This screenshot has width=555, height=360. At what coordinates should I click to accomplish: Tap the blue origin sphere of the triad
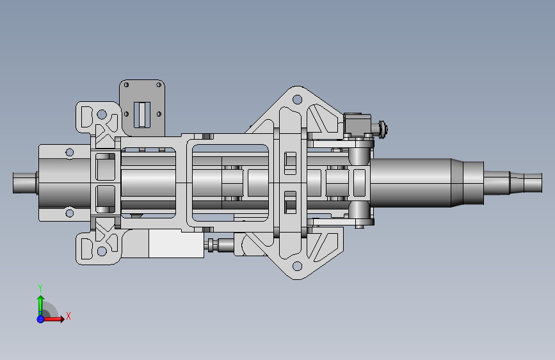coord(40,319)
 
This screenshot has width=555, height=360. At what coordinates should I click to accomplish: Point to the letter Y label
coord(40,288)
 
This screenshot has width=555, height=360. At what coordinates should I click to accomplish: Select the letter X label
coord(68,316)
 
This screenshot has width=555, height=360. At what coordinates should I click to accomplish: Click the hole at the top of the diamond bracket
coord(297,99)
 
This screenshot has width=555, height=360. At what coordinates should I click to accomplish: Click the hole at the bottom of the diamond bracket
coord(297,266)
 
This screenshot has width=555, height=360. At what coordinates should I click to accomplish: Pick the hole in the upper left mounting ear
coord(102,115)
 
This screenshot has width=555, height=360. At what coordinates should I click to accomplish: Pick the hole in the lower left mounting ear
coord(102,251)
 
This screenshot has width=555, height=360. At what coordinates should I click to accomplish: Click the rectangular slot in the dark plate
coord(142,115)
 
